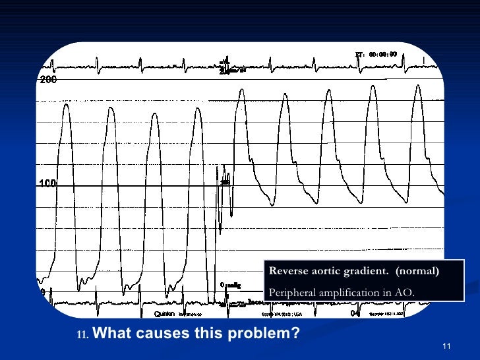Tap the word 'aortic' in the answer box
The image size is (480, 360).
pos(328,271)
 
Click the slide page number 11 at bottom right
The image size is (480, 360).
pos(446,347)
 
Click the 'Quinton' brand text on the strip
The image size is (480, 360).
pos(164,314)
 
